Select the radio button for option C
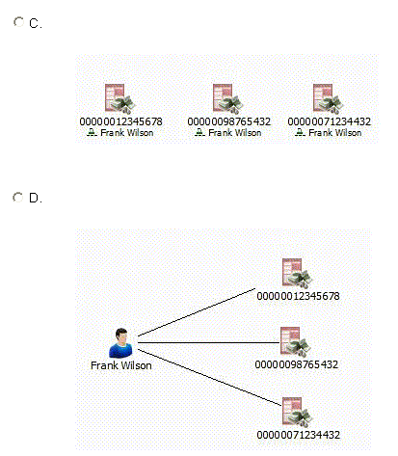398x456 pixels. coord(18,22)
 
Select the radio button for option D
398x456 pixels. coord(18,198)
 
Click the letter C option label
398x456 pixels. coord(35,23)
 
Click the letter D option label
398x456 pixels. coord(35,198)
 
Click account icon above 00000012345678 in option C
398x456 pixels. coord(120,99)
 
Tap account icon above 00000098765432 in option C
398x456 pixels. coord(228,99)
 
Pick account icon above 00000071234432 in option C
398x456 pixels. coord(329,99)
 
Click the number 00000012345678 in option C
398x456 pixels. coord(120,121)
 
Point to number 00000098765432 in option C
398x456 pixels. coord(228,121)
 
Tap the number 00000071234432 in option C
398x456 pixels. coord(329,121)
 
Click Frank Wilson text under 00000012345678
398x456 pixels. coord(127,133)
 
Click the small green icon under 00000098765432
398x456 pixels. coord(199,132)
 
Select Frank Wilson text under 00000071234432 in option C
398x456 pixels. coord(335,133)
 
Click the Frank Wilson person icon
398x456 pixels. coord(121,343)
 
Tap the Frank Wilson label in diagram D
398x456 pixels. coord(121,365)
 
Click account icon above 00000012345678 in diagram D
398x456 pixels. coord(297,274)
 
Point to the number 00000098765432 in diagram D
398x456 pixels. coord(296,364)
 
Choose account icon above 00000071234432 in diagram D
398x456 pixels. coord(297,413)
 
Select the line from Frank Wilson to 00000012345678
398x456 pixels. coord(197,312)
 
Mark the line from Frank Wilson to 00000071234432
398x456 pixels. coord(210,378)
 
